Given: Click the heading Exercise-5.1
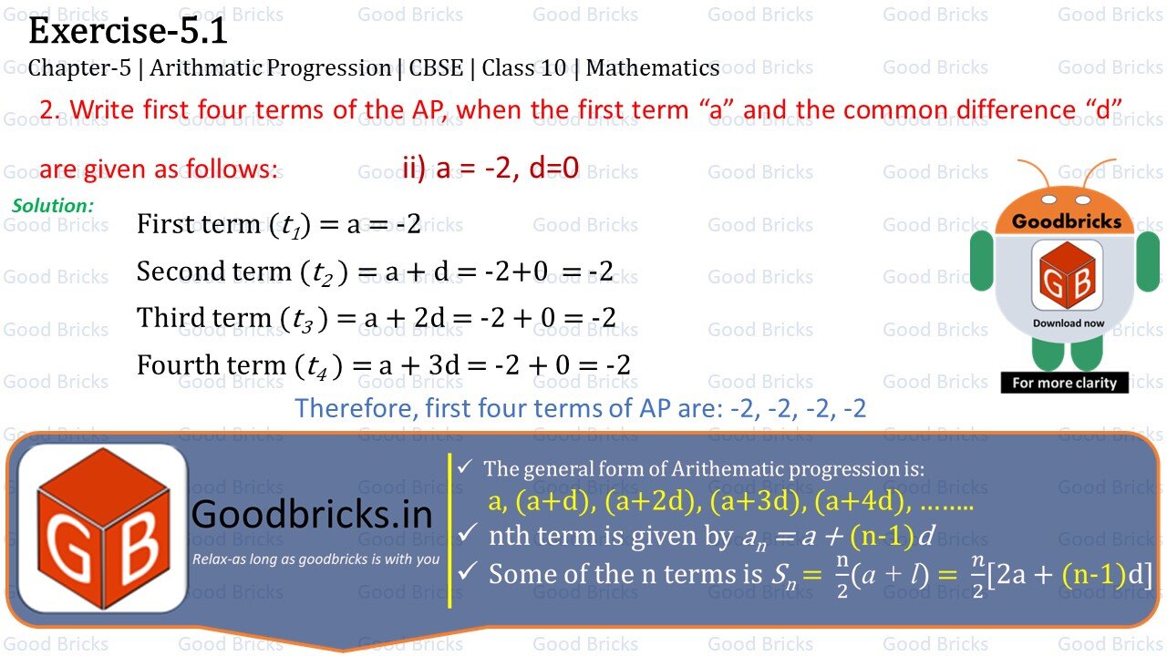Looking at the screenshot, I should (129, 32).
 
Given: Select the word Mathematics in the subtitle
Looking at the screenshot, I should (653, 68).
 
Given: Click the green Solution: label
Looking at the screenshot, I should (53, 206).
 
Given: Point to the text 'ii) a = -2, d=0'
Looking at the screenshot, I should (491, 169).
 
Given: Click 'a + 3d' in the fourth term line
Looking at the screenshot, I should (418, 365).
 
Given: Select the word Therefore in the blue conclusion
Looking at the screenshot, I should (355, 407).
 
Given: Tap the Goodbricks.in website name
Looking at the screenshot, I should (312, 516).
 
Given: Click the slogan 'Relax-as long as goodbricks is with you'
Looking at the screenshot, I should (315, 559).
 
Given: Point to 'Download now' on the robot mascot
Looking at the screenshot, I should (1069, 323).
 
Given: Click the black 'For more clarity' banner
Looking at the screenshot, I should (1064, 383).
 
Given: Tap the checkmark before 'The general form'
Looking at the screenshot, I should (465, 467).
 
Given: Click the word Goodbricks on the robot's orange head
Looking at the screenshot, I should (1067, 221).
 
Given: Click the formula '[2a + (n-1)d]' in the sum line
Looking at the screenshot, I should (1069, 575).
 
